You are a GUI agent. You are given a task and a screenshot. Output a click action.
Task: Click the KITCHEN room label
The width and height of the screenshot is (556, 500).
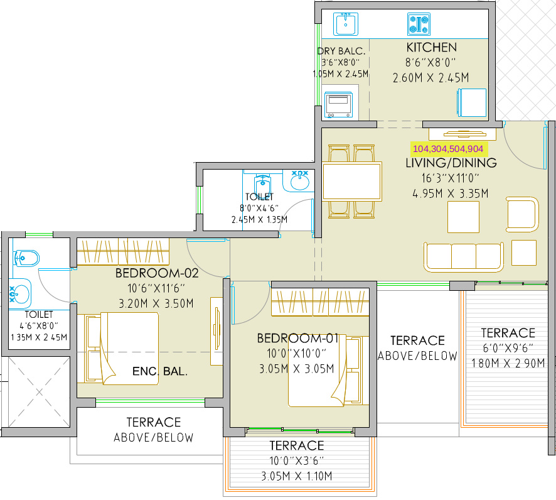pyautogui.click(x=431, y=47)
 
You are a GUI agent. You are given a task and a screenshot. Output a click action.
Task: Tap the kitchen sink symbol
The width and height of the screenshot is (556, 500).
pyautogui.click(x=346, y=24)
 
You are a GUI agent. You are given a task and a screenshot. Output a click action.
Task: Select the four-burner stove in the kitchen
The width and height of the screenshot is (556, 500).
pyautogui.click(x=419, y=24)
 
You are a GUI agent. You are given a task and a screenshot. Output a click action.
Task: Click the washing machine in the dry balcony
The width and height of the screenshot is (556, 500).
pyautogui.click(x=339, y=105)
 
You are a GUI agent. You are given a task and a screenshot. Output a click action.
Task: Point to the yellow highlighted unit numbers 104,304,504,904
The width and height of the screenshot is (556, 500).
pyautogui.click(x=448, y=149)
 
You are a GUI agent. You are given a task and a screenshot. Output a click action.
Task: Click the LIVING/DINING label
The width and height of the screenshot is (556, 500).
pyautogui.click(x=451, y=163)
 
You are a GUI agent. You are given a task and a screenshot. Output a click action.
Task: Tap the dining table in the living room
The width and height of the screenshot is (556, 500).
pyautogui.click(x=352, y=181)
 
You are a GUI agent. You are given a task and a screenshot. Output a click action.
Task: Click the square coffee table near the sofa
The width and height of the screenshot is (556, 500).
pyautogui.click(x=463, y=217)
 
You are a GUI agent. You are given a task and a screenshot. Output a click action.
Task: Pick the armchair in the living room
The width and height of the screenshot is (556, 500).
pyautogui.click(x=523, y=215)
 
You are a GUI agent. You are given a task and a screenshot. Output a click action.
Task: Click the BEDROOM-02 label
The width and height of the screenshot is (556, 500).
pyautogui.click(x=157, y=273)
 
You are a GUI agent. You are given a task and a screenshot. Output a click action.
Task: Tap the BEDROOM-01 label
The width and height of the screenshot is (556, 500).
pyautogui.click(x=298, y=338)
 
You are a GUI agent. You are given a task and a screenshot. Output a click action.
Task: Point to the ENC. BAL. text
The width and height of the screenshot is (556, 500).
pyautogui.click(x=160, y=371)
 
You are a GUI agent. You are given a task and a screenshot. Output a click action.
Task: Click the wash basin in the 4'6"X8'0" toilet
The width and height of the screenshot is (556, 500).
pyautogui.click(x=19, y=294)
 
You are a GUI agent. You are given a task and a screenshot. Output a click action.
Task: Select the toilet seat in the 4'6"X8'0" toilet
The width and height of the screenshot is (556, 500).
pyautogui.click(x=26, y=258)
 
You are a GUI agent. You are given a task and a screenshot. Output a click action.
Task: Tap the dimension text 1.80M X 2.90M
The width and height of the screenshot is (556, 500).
pyautogui.click(x=508, y=363)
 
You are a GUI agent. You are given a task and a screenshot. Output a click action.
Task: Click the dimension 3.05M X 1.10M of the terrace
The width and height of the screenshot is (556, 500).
pyautogui.click(x=297, y=476)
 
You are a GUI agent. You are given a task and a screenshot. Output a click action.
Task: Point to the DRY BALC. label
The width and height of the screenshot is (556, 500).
pyautogui.click(x=341, y=51)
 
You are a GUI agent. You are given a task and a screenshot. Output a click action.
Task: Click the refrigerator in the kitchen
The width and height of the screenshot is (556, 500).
pyautogui.click(x=472, y=102)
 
